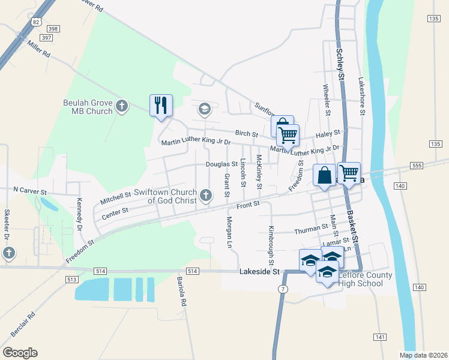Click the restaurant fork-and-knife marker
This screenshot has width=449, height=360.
pos(161,106)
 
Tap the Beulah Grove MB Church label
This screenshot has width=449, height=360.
pos(88,107)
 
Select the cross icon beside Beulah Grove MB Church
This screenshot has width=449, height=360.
pos(122,107)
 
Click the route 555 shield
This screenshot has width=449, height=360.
pos(417,165)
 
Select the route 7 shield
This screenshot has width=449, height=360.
pos(282,289)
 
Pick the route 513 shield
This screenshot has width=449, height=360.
pos(73,280)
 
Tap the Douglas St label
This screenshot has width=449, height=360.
pos(221,164)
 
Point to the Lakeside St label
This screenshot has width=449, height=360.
pos(260,272)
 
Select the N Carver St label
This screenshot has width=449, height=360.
pos(30,190)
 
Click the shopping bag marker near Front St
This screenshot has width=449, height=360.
pos(324,176)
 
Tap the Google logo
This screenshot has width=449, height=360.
pos(20,353)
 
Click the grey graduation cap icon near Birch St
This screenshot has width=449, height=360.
pos(203,109)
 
